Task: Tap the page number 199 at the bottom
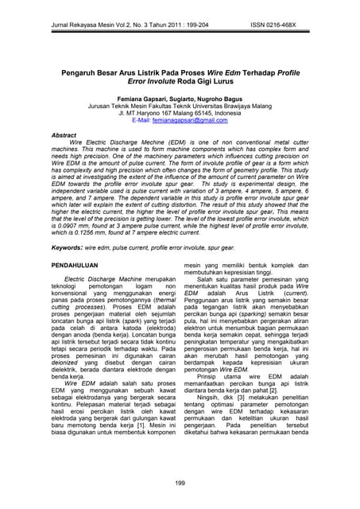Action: pyautogui.click(x=180, y=484)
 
